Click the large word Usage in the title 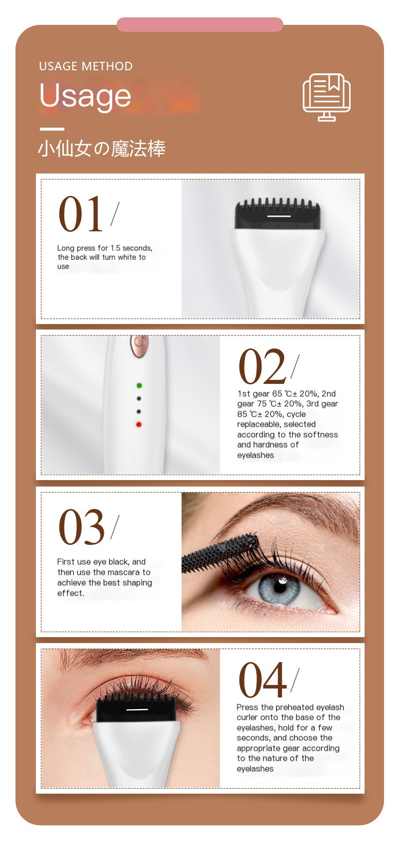[x=85, y=96]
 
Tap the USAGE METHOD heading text [x=86, y=66]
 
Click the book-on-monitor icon [x=327, y=97]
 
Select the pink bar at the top [x=200, y=24]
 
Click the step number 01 [x=80, y=214]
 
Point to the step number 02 [x=262, y=367]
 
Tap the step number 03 [x=81, y=527]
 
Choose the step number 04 [x=263, y=680]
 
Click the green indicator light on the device [x=139, y=385]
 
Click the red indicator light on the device [x=139, y=425]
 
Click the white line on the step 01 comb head [x=279, y=216]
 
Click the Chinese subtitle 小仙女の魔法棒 [x=102, y=149]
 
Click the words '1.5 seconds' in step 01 [x=131, y=248]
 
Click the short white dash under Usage [x=52, y=129]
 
